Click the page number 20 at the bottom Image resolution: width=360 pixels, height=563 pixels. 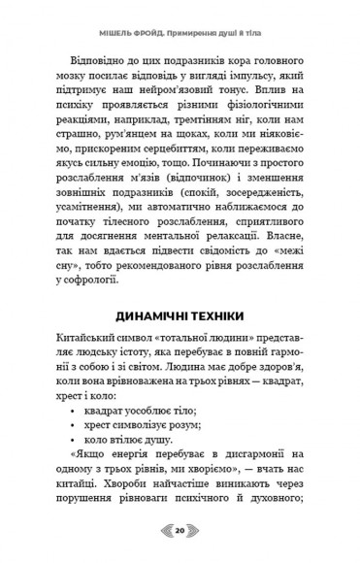180,531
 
